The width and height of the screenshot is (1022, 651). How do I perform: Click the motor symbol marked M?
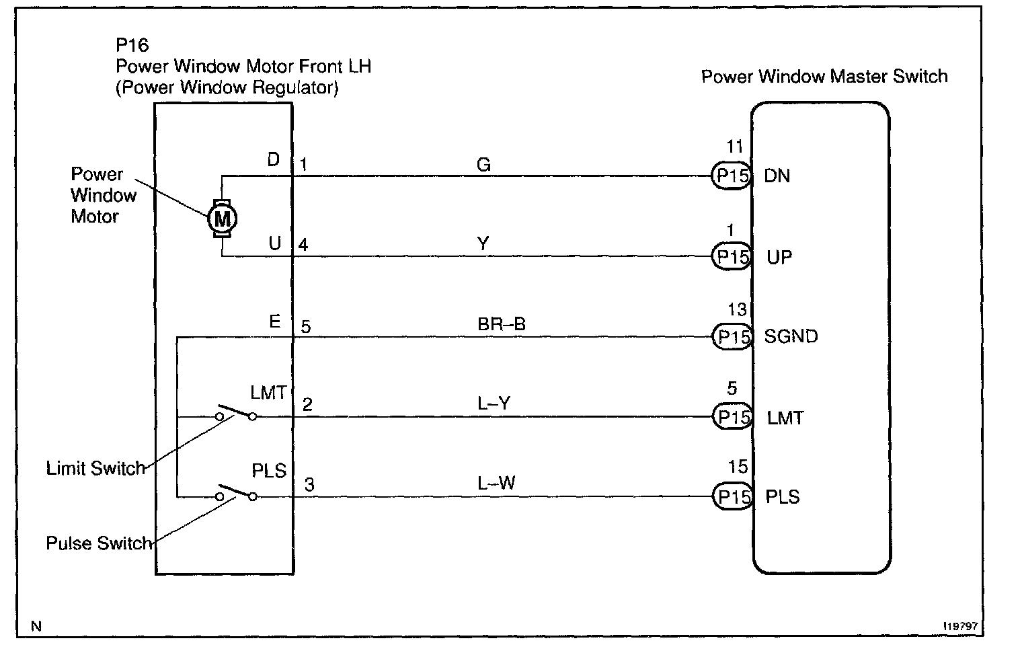[221, 218]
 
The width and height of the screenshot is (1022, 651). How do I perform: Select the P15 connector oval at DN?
[732, 176]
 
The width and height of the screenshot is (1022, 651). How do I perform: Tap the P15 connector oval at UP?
[732, 257]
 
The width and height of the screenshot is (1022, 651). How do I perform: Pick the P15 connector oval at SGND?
[732, 336]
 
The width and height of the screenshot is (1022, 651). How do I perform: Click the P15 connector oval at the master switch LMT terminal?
[732, 418]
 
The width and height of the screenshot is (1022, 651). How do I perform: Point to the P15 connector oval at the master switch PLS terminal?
[732, 497]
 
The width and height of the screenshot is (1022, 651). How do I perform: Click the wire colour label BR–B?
[501, 324]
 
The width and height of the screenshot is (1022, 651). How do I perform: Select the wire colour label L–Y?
[494, 404]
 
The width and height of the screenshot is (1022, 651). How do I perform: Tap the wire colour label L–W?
[496, 483]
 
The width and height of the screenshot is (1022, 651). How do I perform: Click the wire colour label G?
[483, 165]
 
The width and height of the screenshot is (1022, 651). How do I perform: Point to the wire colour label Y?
[483, 244]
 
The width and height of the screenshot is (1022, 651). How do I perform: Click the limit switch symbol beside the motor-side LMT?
[235, 412]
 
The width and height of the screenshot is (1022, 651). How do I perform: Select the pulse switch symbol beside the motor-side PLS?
[235, 492]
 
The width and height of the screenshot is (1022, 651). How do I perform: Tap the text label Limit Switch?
[95, 468]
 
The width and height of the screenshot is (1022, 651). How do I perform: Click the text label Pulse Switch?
[99, 543]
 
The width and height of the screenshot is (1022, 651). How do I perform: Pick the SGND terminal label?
[791, 336]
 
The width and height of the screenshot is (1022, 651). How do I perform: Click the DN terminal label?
[777, 176]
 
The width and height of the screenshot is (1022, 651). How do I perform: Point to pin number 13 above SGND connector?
[737, 309]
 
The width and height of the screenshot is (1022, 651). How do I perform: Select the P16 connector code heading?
[132, 45]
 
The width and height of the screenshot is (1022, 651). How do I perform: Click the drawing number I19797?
[959, 625]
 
